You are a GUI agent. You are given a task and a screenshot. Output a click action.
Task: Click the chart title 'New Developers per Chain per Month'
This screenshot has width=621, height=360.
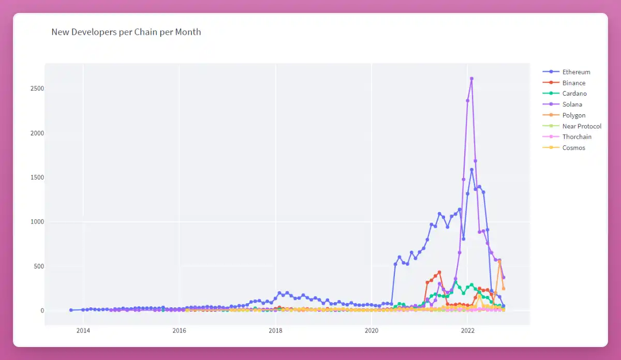point(126,32)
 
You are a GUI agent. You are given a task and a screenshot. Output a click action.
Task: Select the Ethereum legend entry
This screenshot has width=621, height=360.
point(566,72)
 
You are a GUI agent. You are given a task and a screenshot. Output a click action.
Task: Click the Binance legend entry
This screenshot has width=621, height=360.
point(564,83)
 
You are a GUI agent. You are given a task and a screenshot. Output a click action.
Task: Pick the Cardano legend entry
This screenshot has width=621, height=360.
point(565,94)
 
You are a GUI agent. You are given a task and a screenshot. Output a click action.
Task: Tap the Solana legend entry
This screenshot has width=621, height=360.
point(562,104)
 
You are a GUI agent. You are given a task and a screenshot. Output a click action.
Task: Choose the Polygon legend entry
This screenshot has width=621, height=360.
point(564,115)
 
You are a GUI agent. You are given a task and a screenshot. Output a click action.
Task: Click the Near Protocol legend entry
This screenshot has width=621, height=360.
point(572,126)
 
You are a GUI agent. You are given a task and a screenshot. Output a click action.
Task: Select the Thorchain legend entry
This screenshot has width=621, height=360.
point(567,137)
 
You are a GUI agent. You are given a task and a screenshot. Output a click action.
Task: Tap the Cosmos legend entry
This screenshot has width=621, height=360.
point(564,148)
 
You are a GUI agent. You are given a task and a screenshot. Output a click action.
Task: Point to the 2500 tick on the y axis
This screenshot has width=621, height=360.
point(37,88)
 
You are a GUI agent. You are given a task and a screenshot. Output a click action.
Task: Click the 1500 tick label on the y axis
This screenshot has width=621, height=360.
point(37,177)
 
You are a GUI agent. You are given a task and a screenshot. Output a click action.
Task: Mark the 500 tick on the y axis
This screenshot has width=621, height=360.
point(39,266)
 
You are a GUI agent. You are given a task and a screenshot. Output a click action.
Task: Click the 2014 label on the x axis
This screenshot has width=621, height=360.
point(83,331)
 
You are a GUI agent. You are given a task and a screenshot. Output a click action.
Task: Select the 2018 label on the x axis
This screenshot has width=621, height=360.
point(275,331)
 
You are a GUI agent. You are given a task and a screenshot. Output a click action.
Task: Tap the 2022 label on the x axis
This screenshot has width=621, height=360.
point(468,331)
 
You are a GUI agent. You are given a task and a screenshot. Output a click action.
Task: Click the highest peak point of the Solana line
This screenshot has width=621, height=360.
point(471,79)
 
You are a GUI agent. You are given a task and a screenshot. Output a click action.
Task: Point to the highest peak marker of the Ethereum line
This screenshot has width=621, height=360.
point(471,170)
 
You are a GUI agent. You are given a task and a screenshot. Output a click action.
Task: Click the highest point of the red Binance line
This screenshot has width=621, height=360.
point(439,273)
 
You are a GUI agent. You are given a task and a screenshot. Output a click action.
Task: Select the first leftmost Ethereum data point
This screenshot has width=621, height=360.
point(71,310)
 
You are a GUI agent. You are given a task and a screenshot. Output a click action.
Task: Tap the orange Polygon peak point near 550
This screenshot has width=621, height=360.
point(499,261)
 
